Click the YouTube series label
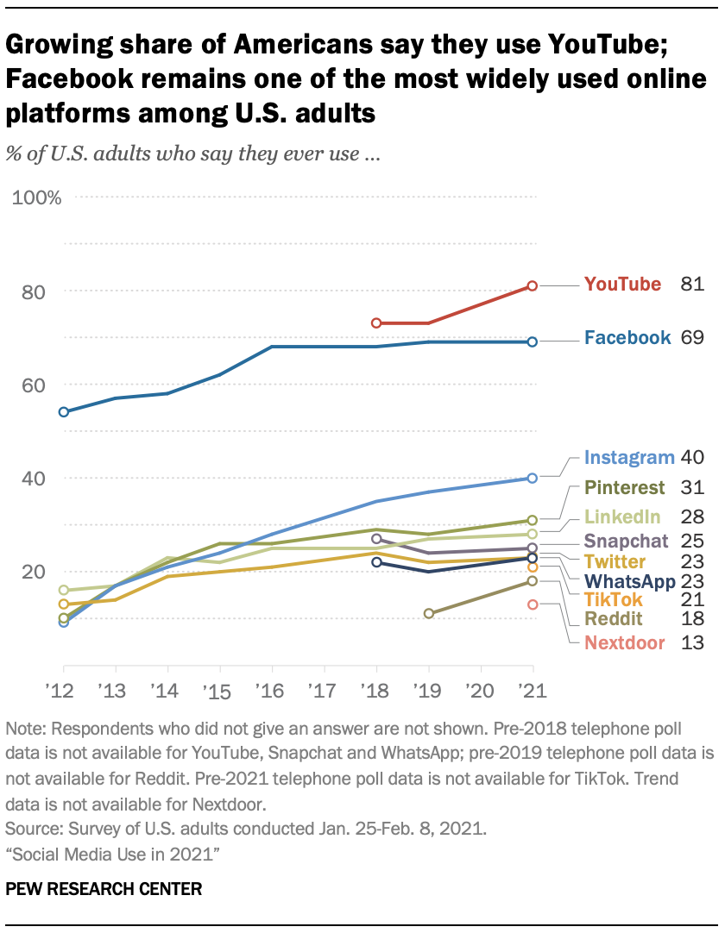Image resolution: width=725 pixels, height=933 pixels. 622,285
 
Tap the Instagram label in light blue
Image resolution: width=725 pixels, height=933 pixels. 628,458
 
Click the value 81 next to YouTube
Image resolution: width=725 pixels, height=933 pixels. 693,285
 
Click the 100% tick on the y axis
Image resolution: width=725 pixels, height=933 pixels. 37,198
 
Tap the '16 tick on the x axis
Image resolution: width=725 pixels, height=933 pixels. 272,691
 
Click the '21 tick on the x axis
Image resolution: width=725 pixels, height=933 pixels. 533,691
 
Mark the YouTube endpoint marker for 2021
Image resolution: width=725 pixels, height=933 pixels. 533,285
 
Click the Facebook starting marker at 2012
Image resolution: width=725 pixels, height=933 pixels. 64,411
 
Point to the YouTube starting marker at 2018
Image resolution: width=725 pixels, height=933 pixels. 376,322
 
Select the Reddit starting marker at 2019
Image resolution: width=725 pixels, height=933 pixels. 429,613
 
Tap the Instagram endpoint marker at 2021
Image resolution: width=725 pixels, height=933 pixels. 533,478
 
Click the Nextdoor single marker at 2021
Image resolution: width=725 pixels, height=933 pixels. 533,604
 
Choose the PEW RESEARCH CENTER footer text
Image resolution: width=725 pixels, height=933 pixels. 104,888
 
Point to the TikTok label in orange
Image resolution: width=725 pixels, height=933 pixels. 615,599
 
